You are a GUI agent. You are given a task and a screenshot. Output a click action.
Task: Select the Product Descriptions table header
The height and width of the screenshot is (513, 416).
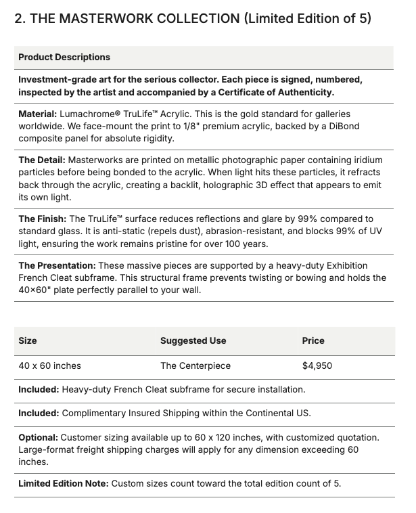(x=64, y=58)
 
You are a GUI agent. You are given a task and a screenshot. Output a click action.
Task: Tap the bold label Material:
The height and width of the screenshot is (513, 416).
(x=37, y=114)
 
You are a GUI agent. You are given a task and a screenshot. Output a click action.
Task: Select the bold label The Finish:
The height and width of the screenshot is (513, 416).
(x=43, y=219)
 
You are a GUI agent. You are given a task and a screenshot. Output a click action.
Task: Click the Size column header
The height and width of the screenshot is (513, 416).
(x=28, y=340)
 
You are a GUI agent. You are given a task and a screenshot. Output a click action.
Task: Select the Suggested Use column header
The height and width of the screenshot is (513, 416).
(x=193, y=340)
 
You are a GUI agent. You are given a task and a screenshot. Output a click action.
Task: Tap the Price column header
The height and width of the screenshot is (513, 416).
(x=313, y=340)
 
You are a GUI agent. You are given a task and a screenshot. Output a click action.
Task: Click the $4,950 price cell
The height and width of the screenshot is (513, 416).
(x=317, y=365)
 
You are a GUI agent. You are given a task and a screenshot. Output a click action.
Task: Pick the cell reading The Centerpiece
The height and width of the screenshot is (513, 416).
(x=195, y=365)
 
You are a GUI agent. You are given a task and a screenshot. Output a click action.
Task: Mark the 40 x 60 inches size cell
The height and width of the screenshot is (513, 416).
(x=49, y=365)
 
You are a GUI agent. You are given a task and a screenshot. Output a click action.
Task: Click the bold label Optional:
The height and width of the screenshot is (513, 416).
(x=38, y=438)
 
